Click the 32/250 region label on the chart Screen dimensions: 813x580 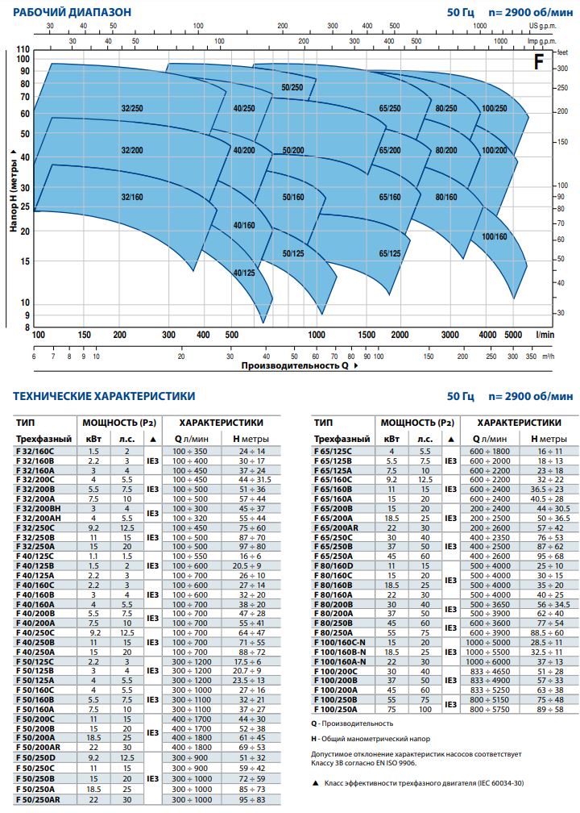tap(131, 107)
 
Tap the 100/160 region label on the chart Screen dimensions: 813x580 tap(494, 236)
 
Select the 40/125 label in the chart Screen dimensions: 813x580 tap(243, 273)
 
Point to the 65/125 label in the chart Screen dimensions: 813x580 tap(390, 253)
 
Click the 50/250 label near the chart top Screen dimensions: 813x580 tap(292, 86)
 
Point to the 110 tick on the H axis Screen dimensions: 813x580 tap(23, 50)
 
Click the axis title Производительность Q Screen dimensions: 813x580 tap(295, 365)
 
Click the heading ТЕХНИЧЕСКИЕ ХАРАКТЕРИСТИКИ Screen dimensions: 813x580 tap(104, 396)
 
